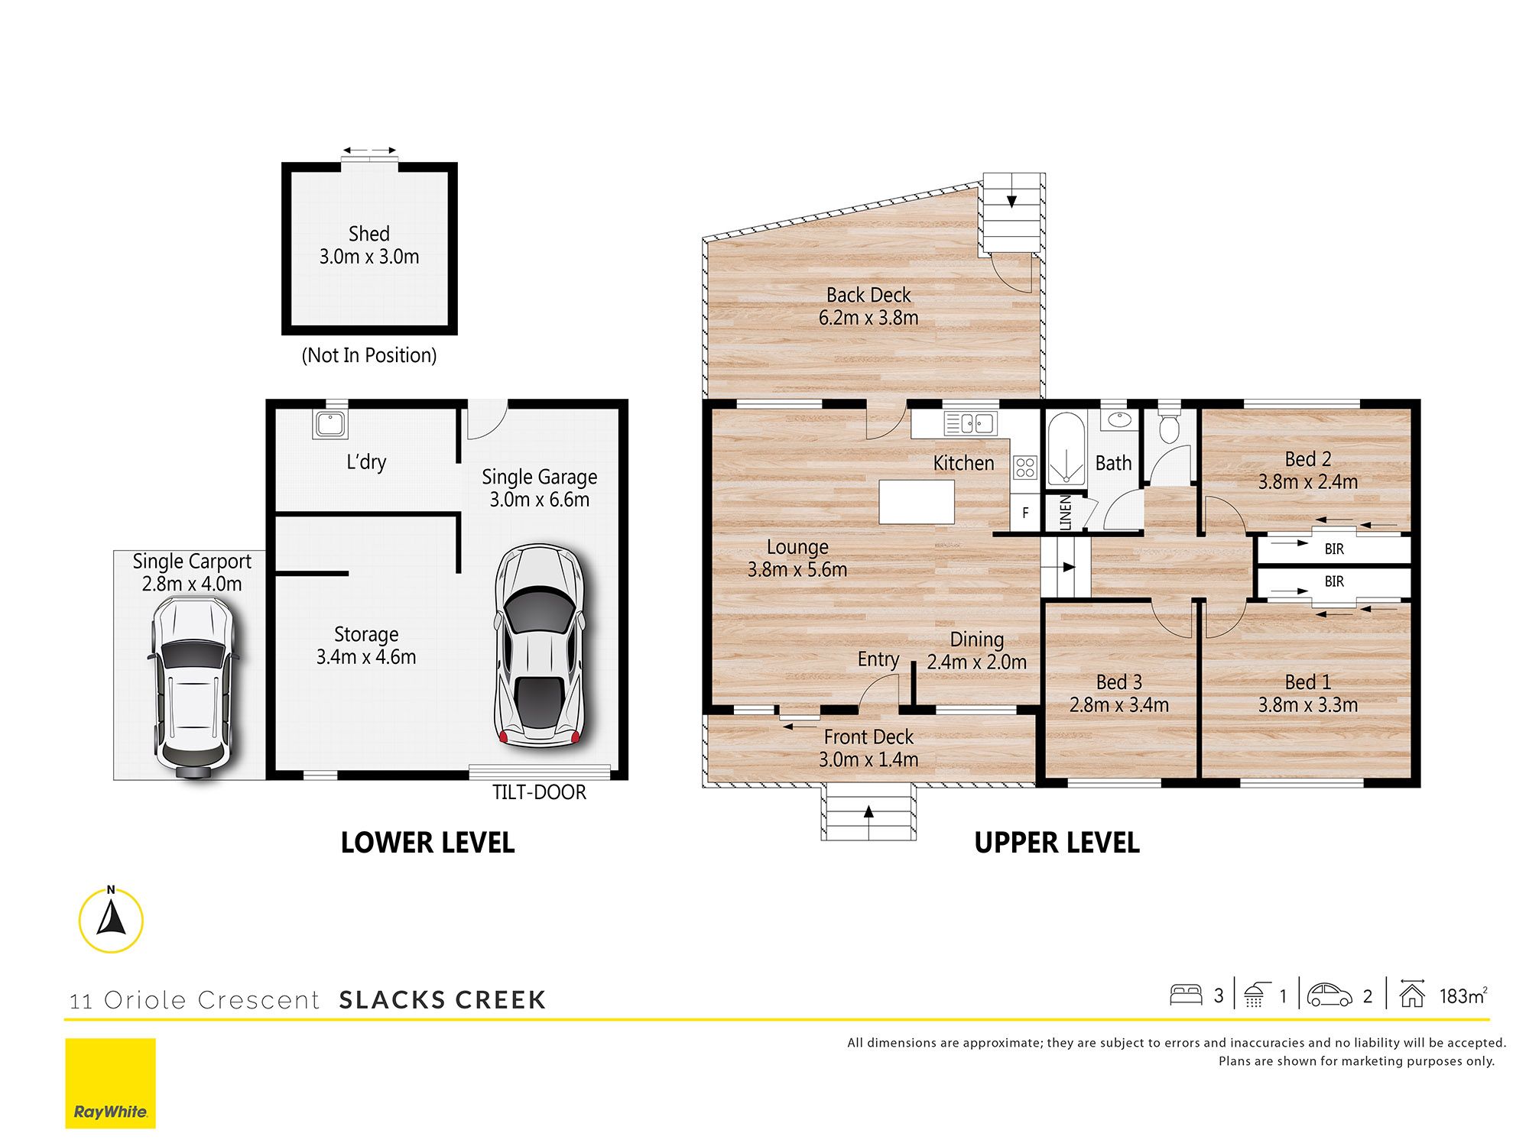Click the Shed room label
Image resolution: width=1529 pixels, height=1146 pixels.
click(x=368, y=234)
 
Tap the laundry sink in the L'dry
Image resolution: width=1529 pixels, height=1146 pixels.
click(x=330, y=424)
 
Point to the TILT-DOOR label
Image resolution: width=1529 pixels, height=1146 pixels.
click(x=539, y=792)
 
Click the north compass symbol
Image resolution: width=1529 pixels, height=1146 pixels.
click(x=111, y=920)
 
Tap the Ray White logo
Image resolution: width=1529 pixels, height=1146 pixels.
click(x=110, y=1083)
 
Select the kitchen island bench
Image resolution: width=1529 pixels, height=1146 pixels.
click(x=917, y=501)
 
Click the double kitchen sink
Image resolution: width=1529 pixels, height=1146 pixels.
click(x=970, y=422)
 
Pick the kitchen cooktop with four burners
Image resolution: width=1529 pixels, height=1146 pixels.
click(x=1025, y=467)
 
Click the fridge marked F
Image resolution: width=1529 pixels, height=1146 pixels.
click(x=1025, y=513)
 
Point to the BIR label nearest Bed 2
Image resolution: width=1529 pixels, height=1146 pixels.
click(x=1334, y=549)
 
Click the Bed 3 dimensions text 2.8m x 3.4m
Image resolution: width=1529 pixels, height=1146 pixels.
click(x=1119, y=704)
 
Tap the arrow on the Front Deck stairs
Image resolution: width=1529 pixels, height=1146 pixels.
click(x=868, y=812)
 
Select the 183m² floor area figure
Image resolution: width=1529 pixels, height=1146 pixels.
click(x=1463, y=995)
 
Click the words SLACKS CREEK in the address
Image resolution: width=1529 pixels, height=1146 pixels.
click(x=443, y=1000)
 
